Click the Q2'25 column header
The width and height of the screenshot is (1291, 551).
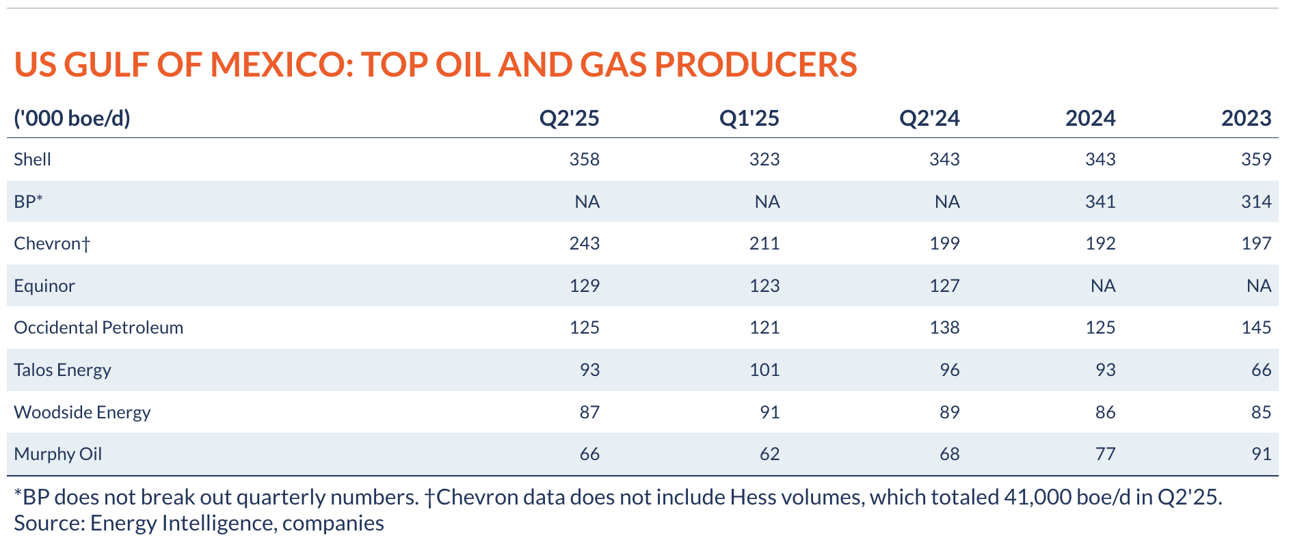pyautogui.click(x=569, y=118)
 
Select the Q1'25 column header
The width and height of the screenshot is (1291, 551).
pyautogui.click(x=749, y=118)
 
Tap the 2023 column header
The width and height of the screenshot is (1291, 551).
pyautogui.click(x=1247, y=118)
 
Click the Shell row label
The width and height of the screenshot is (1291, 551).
pyautogui.click(x=32, y=159)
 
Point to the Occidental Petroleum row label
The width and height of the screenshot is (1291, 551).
pyautogui.click(x=98, y=327)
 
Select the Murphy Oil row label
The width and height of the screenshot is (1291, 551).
pyautogui.click(x=57, y=454)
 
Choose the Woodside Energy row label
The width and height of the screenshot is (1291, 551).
pyautogui.click(x=82, y=412)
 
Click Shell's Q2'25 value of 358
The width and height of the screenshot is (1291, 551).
pyautogui.click(x=585, y=159)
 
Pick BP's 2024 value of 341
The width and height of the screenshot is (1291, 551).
pyautogui.click(x=1100, y=202)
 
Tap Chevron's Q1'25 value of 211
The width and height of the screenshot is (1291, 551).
pyautogui.click(x=764, y=243)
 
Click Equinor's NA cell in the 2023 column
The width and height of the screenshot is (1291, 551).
pyautogui.click(x=1259, y=286)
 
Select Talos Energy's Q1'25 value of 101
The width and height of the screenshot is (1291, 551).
pyautogui.click(x=764, y=370)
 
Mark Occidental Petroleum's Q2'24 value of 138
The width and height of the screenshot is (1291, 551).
pyautogui.click(x=945, y=327)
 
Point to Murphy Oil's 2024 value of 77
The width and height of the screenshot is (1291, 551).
pyautogui.click(x=1106, y=454)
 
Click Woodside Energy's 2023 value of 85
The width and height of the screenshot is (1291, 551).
pyautogui.click(x=1262, y=412)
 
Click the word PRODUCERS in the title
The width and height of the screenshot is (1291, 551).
pyautogui.click(x=756, y=64)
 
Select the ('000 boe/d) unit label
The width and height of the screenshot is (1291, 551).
pyautogui.click(x=72, y=118)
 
